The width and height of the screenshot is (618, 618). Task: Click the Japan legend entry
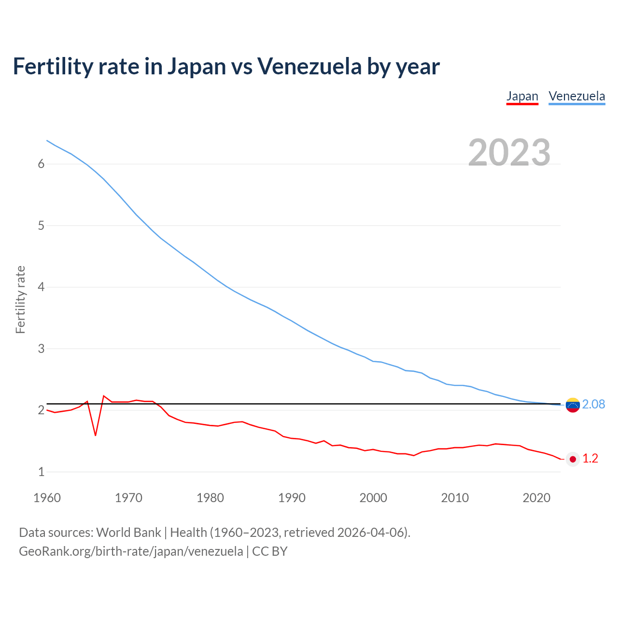tap(522, 96)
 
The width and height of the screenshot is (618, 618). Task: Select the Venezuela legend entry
tap(576, 96)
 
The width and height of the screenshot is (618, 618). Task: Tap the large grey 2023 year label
tap(509, 152)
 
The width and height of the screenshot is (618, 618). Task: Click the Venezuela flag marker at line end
tap(573, 405)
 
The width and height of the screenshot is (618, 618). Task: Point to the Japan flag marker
tap(573, 459)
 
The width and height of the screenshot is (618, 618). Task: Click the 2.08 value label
tap(593, 404)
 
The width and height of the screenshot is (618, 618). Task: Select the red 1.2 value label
tap(590, 459)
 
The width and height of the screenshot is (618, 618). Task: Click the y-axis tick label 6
tap(41, 164)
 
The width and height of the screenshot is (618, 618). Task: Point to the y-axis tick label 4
tap(41, 287)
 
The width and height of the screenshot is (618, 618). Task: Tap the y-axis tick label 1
tap(41, 472)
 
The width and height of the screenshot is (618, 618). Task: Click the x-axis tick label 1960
tap(47, 498)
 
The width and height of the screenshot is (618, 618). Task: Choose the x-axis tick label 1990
tap(292, 498)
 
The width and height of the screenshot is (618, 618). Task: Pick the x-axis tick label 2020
tap(536, 498)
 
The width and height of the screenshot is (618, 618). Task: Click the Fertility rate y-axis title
tap(20, 299)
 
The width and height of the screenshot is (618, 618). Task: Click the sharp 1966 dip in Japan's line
tap(96, 435)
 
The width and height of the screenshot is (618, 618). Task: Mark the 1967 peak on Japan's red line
tap(104, 396)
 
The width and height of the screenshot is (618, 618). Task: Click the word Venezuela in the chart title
tap(309, 66)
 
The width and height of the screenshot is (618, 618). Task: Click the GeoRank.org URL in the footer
tap(131, 551)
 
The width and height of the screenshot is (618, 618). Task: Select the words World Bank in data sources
tap(128, 533)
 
